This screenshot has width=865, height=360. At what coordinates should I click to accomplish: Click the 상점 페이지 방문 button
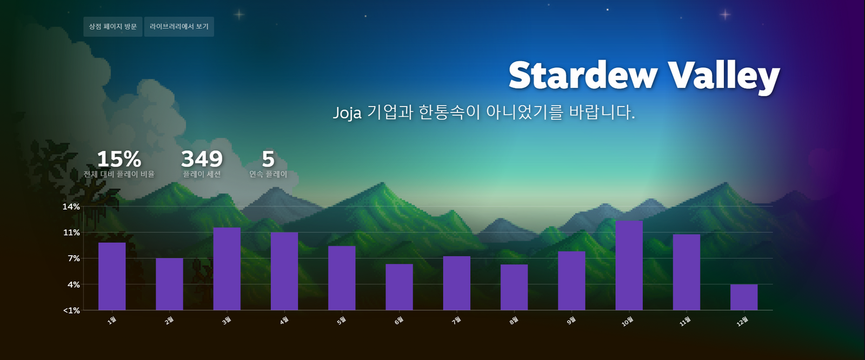pos(113,26)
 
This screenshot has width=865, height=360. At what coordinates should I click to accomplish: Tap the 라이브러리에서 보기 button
pos(179,26)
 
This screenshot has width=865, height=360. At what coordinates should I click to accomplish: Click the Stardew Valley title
pos(643,76)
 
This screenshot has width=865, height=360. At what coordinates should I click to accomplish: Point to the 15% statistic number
pos(119,159)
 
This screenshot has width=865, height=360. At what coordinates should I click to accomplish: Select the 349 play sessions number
pos(202,159)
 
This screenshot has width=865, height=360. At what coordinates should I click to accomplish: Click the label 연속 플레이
pos(268,174)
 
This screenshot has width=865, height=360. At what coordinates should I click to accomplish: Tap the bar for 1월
pos(112,276)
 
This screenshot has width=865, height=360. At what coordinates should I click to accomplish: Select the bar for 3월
pos(227,269)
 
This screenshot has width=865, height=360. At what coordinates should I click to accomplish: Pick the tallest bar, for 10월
pos(629,265)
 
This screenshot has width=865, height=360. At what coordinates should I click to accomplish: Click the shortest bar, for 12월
pos(744,297)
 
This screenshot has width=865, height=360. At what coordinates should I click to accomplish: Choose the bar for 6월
pos(399,287)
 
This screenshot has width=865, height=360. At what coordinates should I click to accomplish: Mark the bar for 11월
pos(687,272)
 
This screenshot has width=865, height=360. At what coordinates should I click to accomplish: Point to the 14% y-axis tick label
pos(71,206)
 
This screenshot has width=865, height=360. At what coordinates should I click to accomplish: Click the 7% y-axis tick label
pos(74,258)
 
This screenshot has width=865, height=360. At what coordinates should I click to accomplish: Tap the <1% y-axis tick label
pos(71,310)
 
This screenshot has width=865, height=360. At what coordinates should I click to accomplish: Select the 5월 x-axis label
pos(342,321)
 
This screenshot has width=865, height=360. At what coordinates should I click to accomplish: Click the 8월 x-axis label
pos(514,321)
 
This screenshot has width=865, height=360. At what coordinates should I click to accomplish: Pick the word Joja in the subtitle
pos(347,113)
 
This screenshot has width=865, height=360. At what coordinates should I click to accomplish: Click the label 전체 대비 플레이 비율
pos(119,174)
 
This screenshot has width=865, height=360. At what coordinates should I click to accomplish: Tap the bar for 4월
pos(284,271)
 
